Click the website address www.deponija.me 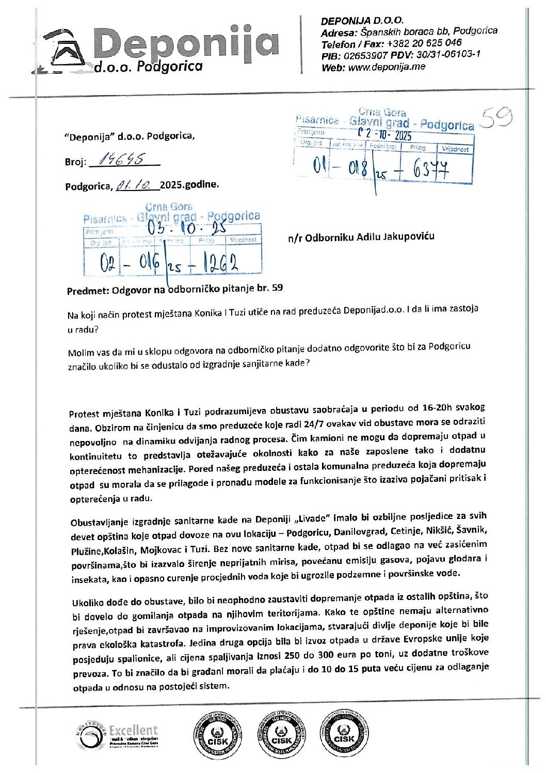(x=387, y=67)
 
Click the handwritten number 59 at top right (x=495, y=119)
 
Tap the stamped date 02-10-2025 (x=386, y=134)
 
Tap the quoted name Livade (x=313, y=518)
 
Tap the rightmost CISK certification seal (x=344, y=735)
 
